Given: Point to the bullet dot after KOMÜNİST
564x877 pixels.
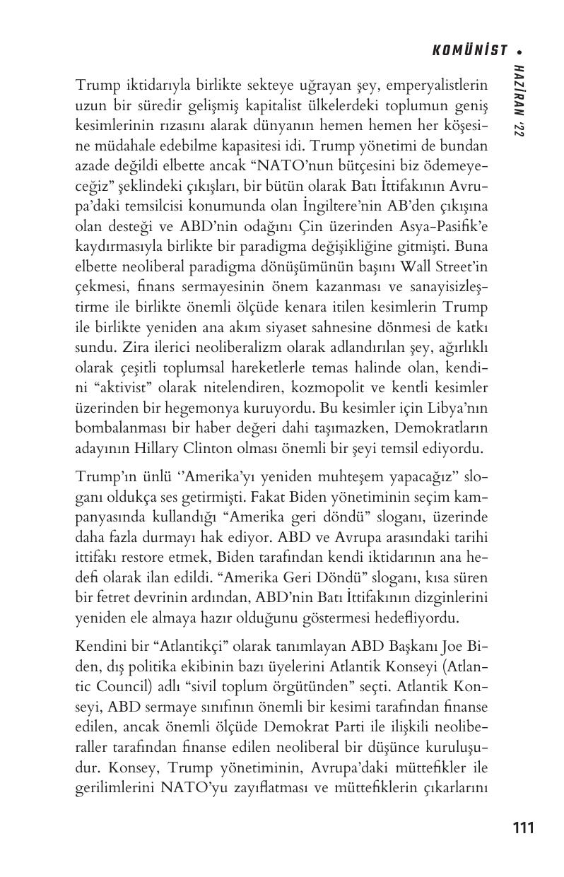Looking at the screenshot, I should pos(519,51).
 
